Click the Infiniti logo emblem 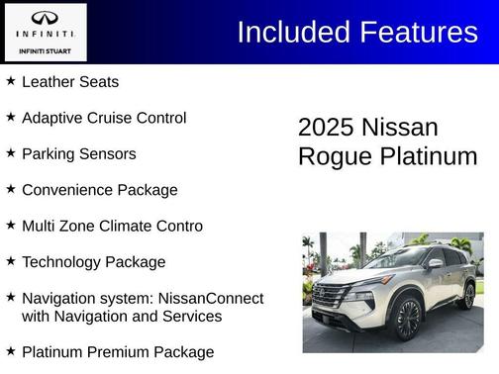click(x=45, y=19)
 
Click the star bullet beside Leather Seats click(x=11, y=81)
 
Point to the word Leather click(x=49, y=82)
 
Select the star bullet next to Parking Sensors click(x=11, y=153)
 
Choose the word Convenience click(x=68, y=190)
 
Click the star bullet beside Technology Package click(x=11, y=261)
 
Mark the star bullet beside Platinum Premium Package click(x=11, y=351)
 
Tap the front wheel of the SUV click(x=408, y=318)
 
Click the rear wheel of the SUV click(x=466, y=295)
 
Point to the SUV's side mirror click(x=435, y=264)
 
